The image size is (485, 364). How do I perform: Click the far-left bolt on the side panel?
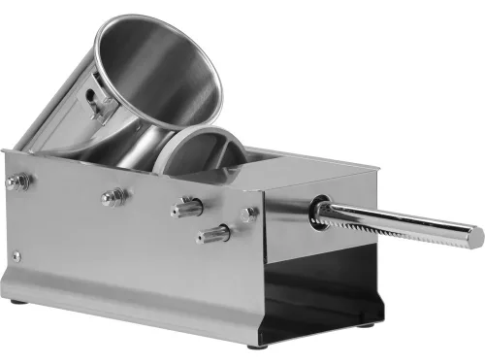(x=16, y=182)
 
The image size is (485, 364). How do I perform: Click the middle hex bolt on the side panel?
(x=113, y=196)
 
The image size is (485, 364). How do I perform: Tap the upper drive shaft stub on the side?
(x=187, y=207)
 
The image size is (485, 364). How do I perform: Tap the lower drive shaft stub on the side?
(x=213, y=234)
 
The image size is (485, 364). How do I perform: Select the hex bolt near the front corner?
(x=250, y=214)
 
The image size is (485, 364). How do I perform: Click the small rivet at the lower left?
(x=16, y=256)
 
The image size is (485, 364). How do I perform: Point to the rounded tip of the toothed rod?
(x=475, y=236)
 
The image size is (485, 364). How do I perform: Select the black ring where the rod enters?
(x=317, y=214)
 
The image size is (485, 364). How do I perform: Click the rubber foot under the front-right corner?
(x=255, y=345)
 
